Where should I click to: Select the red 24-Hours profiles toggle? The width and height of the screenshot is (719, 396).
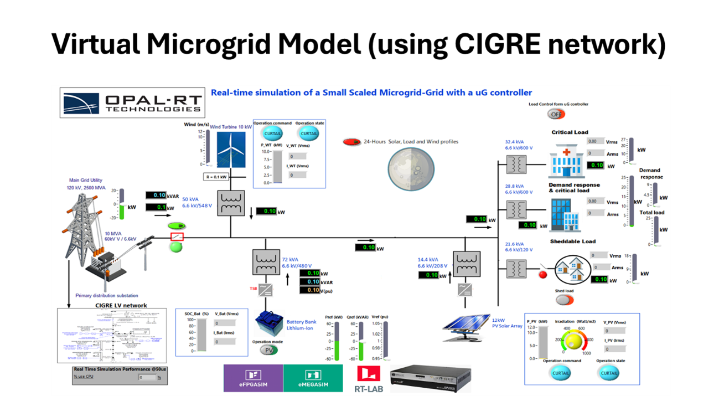point(351,142)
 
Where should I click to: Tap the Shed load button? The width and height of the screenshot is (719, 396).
point(565,300)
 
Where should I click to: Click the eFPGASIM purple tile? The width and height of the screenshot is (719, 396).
point(253,378)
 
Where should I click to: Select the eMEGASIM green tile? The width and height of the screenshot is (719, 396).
point(313,378)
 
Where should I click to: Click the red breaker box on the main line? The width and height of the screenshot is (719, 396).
point(177,237)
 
